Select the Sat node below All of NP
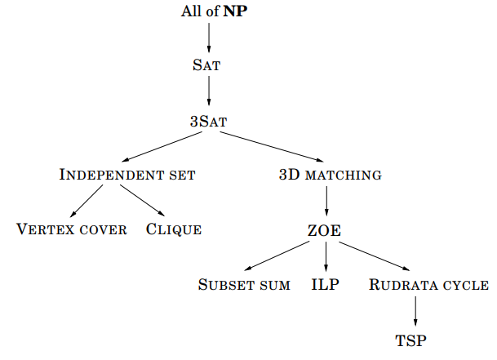208,66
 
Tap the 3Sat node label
208,121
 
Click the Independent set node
127,175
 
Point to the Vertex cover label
72,229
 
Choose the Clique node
174,229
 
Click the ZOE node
326,231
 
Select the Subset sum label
244,286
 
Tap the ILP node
326,286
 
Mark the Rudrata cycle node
428,286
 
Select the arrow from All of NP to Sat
209,39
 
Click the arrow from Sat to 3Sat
209,93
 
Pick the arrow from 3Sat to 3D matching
265,147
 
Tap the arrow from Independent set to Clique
146,202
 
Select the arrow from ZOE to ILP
326,258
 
